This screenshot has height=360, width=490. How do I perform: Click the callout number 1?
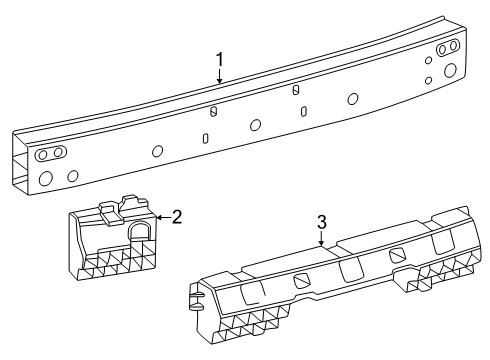pos(219,62)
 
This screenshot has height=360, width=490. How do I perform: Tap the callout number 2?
pos(176,215)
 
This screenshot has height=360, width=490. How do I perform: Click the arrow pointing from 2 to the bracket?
pos(163,216)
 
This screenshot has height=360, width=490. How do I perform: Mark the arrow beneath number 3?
pos(321,241)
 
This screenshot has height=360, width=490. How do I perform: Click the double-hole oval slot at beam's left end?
pos(50,153)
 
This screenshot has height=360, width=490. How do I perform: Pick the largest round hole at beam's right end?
pos(449,70)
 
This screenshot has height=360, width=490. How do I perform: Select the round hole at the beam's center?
pos(256,125)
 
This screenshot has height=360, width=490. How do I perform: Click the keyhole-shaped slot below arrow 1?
pos(213,112)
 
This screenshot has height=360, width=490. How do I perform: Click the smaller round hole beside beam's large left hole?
pos(73,175)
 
